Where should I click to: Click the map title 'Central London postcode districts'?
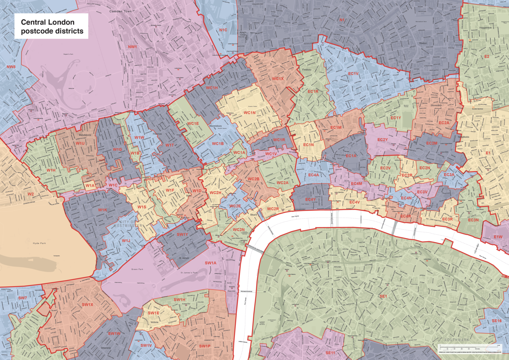52,27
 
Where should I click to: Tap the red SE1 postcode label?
383,296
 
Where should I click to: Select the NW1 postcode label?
132,47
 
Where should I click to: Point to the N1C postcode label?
223,30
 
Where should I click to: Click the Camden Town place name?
121,11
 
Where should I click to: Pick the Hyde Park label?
39,243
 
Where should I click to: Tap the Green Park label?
137,269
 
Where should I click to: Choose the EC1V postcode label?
354,74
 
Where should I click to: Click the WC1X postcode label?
278,79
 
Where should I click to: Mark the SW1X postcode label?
87,305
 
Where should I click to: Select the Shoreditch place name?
436,105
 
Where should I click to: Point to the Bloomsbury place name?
215,126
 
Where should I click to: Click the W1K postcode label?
102,210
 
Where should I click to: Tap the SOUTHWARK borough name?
457,340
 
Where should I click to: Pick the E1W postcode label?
498,237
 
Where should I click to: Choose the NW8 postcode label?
11,67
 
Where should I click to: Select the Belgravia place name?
106,348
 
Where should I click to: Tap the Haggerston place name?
485,28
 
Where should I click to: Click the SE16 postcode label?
496,321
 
